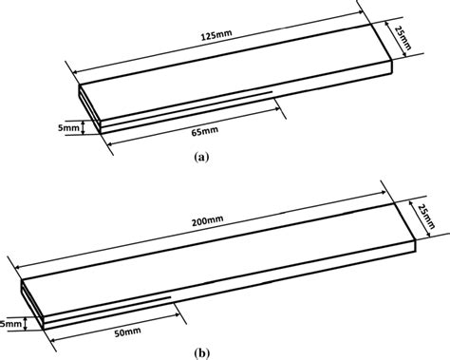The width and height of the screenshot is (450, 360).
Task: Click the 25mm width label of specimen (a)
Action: tap(404, 36)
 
